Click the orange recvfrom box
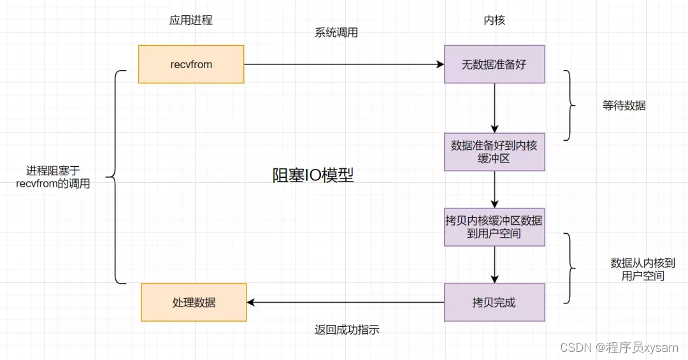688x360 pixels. click(x=191, y=64)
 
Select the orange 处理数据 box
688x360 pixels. click(x=194, y=303)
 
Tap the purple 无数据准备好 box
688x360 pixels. click(x=494, y=64)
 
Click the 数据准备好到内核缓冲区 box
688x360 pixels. click(x=494, y=152)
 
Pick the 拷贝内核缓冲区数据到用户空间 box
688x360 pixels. click(x=494, y=227)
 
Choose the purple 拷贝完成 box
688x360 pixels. click(x=494, y=303)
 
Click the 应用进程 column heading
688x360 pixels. click(x=191, y=20)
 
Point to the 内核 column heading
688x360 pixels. click(x=494, y=20)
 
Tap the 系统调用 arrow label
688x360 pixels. click(x=336, y=32)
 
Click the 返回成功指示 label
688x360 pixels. click(x=347, y=329)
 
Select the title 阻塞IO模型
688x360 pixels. click(x=313, y=176)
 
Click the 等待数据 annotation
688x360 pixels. click(x=624, y=106)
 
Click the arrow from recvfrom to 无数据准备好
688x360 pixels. click(x=344, y=64)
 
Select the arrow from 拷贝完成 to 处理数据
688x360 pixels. click(x=344, y=303)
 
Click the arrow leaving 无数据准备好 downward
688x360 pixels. click(x=494, y=108)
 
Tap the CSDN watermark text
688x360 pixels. click(x=619, y=347)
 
